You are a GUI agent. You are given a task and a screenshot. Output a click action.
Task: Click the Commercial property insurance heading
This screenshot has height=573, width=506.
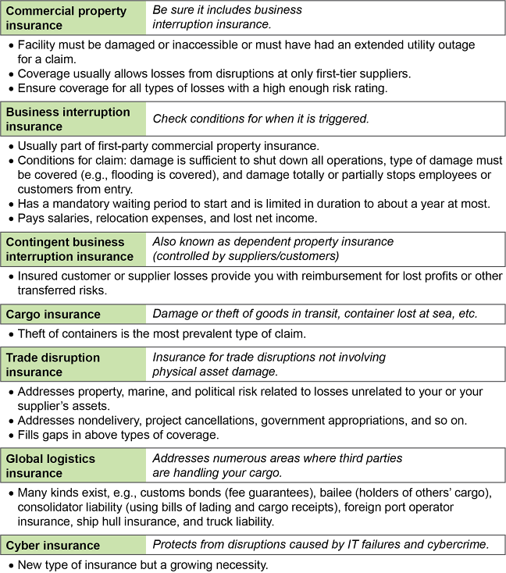[x=66, y=19]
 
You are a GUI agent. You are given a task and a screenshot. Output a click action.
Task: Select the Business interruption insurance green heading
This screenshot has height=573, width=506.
[x=68, y=119]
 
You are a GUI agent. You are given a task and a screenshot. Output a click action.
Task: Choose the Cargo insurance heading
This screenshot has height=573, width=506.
[x=52, y=315]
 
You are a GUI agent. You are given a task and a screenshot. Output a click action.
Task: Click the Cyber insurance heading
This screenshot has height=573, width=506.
[x=52, y=546]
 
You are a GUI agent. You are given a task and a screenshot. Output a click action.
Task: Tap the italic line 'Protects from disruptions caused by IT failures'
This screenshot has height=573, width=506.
[x=320, y=546]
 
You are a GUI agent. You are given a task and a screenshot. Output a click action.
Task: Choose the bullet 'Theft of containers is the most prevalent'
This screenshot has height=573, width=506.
[x=171, y=334]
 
